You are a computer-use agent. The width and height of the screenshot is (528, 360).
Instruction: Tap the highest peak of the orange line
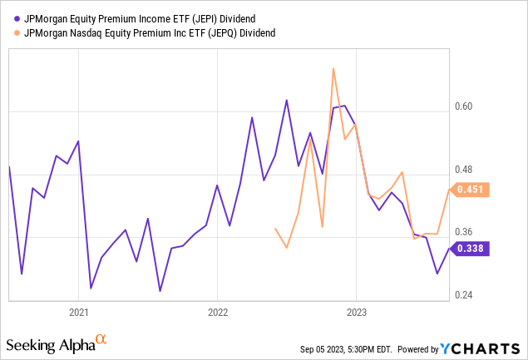click(x=333, y=68)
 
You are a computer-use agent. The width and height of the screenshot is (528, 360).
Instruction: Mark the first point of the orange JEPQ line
click(x=275, y=228)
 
